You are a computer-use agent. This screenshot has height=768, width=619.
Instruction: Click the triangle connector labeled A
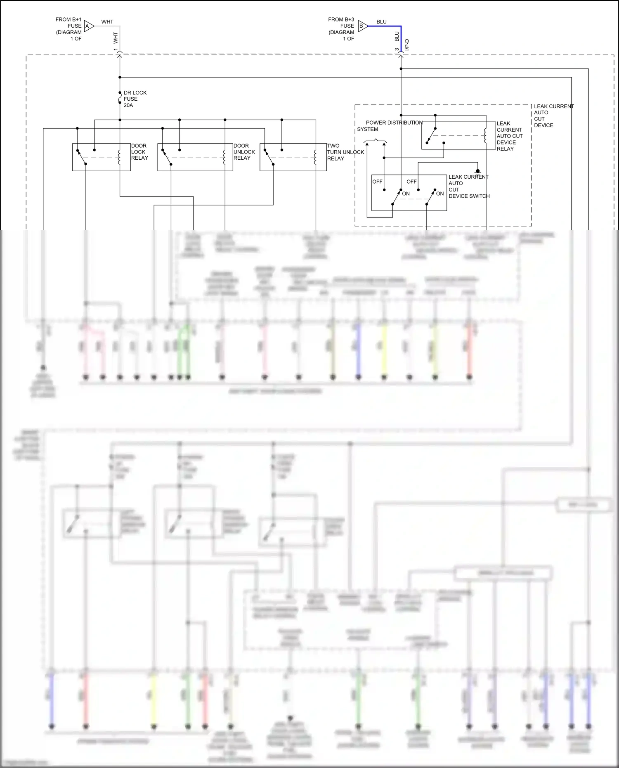point(89,26)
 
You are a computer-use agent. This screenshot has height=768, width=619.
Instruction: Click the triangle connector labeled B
point(362,26)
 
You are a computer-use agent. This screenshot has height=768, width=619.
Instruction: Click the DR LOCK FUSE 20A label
point(135,99)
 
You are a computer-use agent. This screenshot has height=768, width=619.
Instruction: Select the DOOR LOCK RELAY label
point(139,152)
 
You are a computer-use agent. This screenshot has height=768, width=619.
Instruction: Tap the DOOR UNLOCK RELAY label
point(244,152)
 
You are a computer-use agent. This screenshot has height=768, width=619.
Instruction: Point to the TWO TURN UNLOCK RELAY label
point(345,152)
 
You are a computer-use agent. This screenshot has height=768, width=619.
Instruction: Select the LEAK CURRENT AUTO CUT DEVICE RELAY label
point(509,136)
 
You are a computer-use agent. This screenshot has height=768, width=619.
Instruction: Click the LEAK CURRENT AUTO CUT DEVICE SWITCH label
point(468,187)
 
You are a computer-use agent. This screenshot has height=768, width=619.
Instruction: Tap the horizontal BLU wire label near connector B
point(381,22)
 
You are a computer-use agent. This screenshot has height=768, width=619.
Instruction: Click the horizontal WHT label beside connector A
point(107,22)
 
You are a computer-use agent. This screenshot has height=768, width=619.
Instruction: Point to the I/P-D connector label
point(407,45)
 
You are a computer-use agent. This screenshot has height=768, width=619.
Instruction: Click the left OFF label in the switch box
point(377,182)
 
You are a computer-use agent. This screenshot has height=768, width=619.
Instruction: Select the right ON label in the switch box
point(440,194)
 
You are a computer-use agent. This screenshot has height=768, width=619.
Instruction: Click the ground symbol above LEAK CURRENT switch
point(478,171)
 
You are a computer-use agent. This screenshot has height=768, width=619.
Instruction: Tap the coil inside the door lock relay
point(119,157)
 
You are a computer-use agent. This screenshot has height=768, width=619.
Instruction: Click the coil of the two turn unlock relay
point(315,157)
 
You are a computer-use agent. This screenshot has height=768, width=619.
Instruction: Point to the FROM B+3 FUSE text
point(341,29)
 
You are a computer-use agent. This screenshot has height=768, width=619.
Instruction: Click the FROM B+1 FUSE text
point(69,29)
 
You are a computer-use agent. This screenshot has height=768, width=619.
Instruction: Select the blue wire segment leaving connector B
point(384,26)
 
